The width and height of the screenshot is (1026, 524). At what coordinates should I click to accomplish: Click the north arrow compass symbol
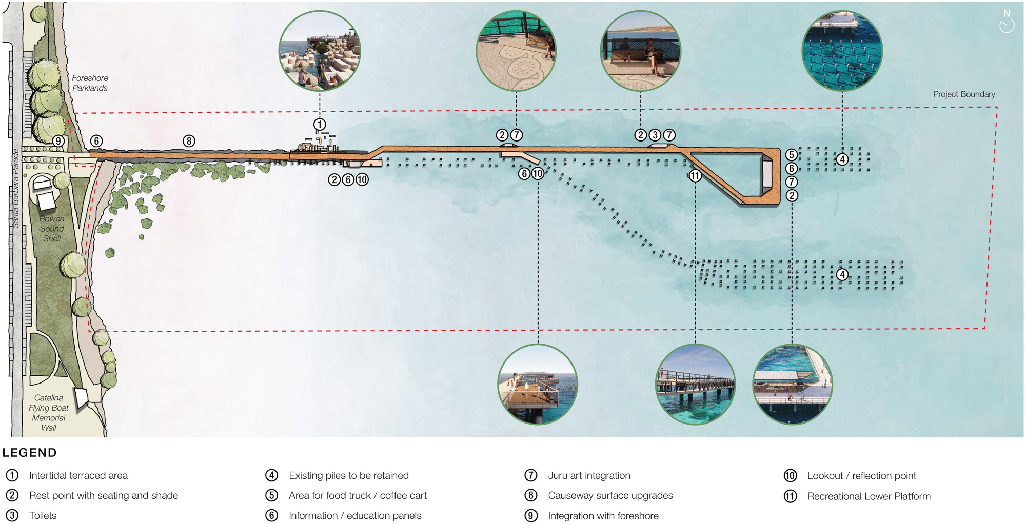(1007, 22)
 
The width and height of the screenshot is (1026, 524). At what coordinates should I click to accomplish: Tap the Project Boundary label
(963, 94)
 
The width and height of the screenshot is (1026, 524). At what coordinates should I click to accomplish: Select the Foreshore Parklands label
(90, 83)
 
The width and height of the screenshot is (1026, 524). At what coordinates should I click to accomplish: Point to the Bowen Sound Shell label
(52, 229)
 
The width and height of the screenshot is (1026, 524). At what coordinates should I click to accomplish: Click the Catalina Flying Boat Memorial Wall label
(49, 413)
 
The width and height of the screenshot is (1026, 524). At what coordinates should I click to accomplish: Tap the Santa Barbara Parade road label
(15, 189)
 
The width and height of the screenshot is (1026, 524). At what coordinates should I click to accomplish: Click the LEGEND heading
(30, 453)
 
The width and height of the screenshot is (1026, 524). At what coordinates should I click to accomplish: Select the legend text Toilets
(43, 516)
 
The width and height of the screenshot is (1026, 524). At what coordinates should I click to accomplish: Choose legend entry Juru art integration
(589, 476)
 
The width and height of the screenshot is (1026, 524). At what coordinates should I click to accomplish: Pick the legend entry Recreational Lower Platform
(869, 496)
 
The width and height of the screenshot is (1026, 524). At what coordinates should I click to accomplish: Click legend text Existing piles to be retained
(348, 476)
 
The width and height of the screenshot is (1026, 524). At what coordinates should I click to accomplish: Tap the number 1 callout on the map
(320, 124)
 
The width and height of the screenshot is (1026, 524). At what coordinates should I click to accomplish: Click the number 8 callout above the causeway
(189, 141)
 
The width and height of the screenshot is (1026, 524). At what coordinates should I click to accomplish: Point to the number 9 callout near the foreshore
(58, 141)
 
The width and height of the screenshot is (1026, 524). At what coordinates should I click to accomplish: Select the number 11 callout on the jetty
(695, 176)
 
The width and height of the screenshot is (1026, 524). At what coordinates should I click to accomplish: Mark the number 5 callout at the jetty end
(792, 155)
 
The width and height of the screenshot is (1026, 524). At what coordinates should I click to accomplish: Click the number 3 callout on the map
(655, 135)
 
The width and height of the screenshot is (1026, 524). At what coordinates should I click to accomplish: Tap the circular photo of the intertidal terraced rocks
(320, 51)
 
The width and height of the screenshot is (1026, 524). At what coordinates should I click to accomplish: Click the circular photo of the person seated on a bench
(641, 51)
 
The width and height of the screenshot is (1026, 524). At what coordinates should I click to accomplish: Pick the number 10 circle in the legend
(790, 476)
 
